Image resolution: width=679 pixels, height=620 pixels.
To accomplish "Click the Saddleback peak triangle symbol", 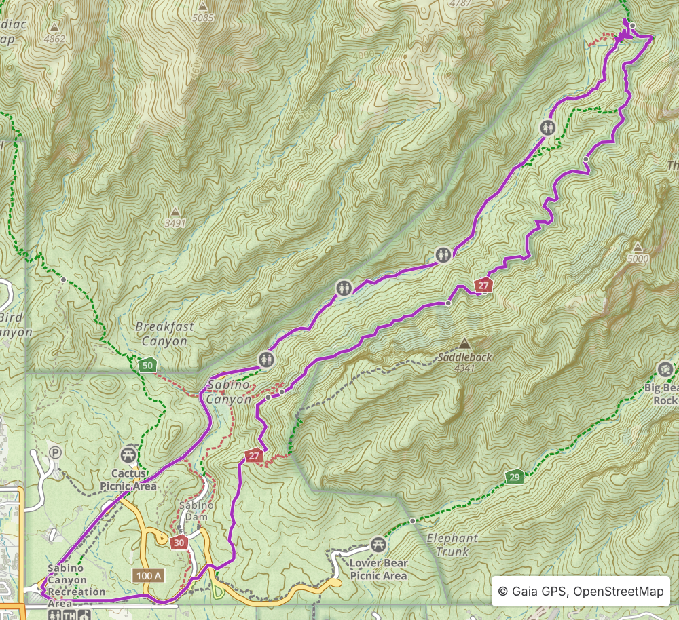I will (464, 343).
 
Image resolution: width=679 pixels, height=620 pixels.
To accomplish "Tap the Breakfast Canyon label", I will (164, 334).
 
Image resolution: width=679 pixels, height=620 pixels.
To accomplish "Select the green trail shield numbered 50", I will (147, 365).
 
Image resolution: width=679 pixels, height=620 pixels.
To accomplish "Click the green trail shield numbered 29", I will (514, 478).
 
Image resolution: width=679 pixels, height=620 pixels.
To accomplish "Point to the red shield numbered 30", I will (179, 542).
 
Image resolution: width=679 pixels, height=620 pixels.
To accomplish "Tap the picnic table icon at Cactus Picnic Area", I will (128, 453).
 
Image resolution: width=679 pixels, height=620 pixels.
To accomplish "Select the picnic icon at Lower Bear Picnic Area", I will (378, 544).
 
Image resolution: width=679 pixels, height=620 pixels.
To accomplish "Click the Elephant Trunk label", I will (452, 545).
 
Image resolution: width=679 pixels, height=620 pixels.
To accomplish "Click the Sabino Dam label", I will (196, 511).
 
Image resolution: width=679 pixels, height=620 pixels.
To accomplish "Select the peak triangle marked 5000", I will (638, 247).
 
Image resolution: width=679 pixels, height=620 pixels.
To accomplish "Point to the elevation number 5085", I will (202, 18).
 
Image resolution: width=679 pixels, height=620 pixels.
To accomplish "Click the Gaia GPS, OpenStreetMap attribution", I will (581, 592).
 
